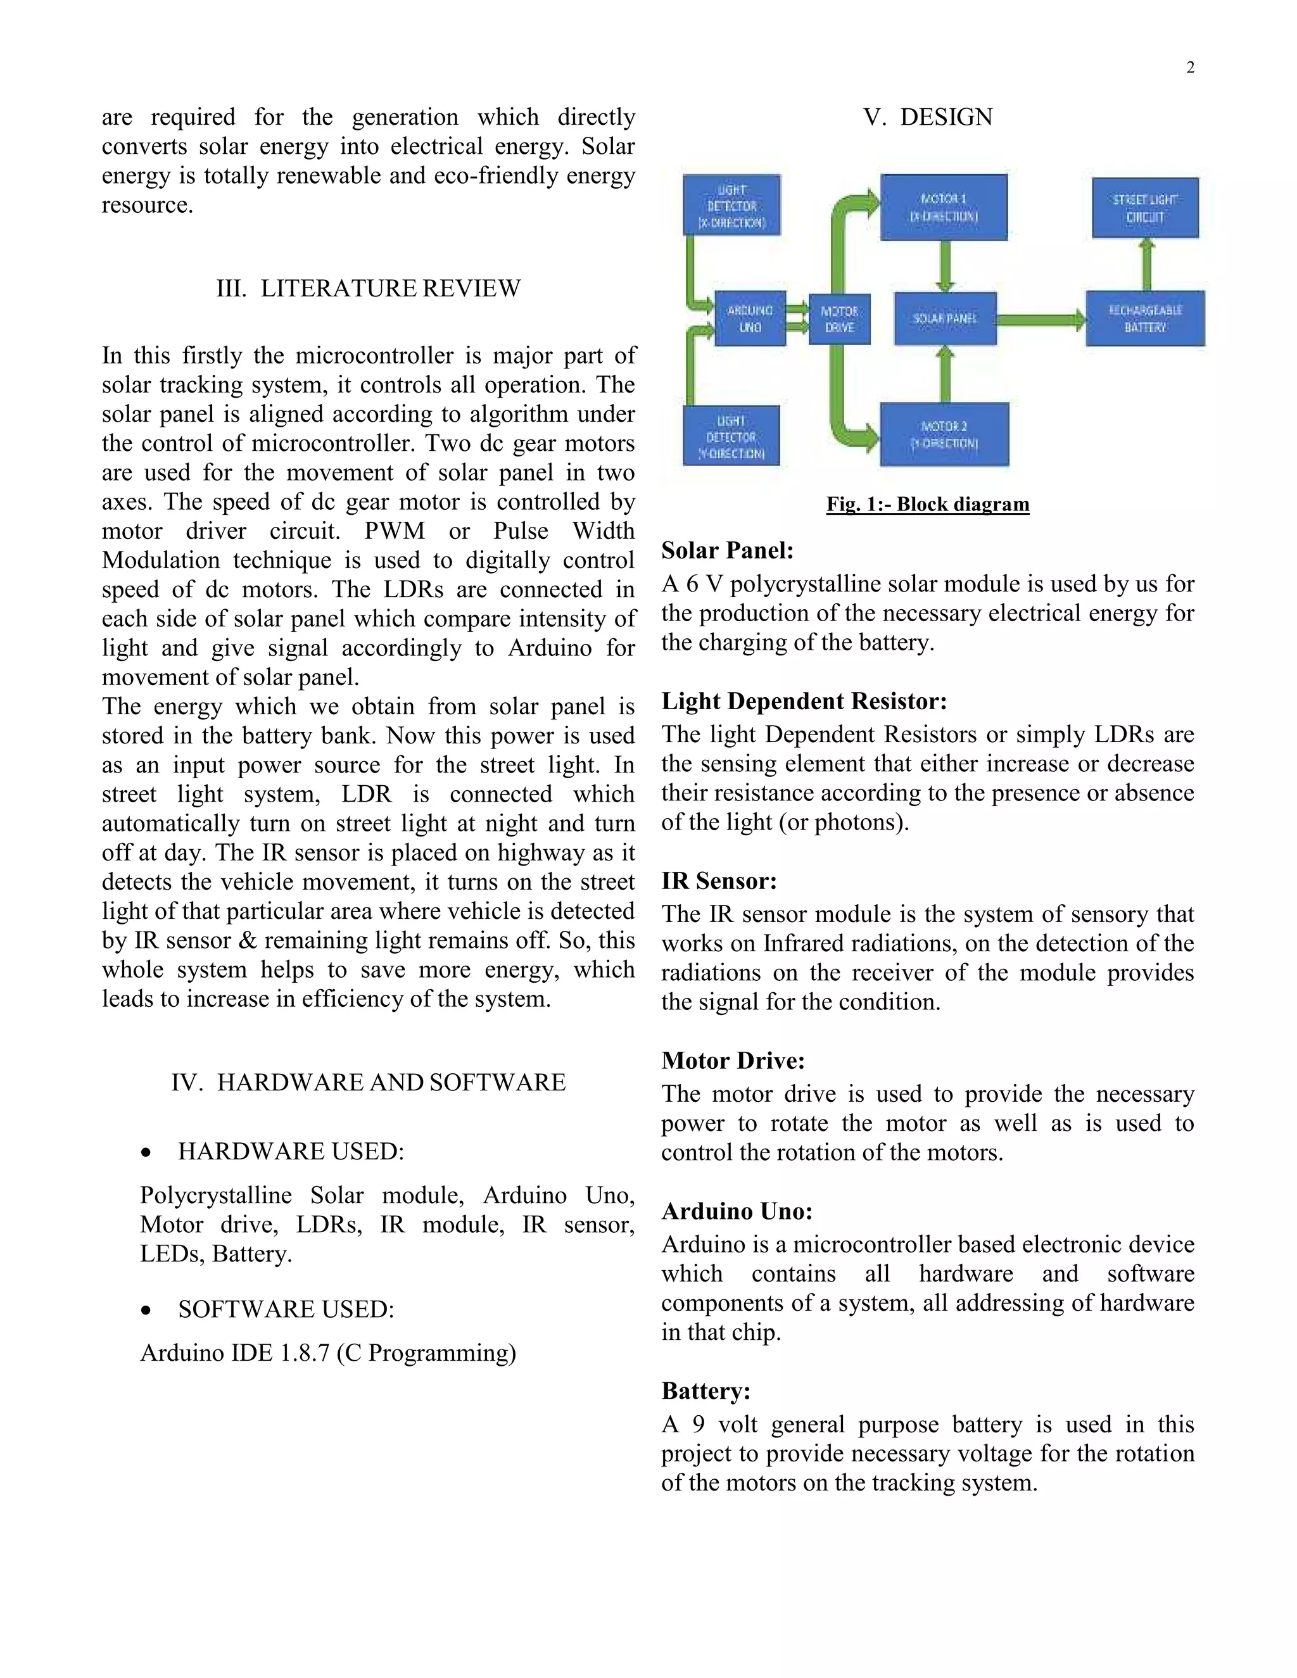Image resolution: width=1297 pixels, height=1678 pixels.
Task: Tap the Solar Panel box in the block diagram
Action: [945, 318]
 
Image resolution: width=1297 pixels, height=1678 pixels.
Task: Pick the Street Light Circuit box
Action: [1145, 208]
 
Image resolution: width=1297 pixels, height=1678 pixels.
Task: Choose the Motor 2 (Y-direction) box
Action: [944, 435]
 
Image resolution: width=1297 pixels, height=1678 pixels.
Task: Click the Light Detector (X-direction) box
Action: [731, 206]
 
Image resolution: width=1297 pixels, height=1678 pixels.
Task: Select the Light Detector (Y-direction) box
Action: [731, 436]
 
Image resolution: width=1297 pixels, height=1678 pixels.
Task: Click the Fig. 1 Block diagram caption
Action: [927, 505]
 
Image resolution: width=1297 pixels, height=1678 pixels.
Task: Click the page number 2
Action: [1190, 68]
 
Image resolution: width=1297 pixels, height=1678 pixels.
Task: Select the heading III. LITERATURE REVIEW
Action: [368, 289]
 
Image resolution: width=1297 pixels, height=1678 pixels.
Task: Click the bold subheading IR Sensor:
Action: [719, 881]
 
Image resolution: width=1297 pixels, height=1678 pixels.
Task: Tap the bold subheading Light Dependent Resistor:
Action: [804, 702]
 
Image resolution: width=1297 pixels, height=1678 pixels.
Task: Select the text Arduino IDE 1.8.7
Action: [235, 1353]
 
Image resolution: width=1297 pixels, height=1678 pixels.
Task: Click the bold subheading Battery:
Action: [705, 1391]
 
